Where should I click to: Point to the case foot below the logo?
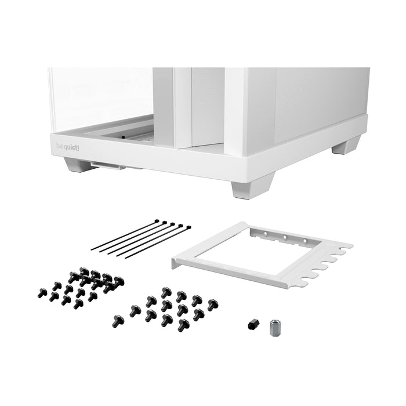coord(78,165)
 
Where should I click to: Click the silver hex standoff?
coord(274,328)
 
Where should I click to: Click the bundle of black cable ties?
coord(139,238)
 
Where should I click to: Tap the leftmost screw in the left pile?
coord(42,293)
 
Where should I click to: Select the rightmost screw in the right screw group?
coord(213,304)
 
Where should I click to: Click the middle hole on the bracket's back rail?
coord(285,238)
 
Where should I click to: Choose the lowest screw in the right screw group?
coord(183,325)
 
